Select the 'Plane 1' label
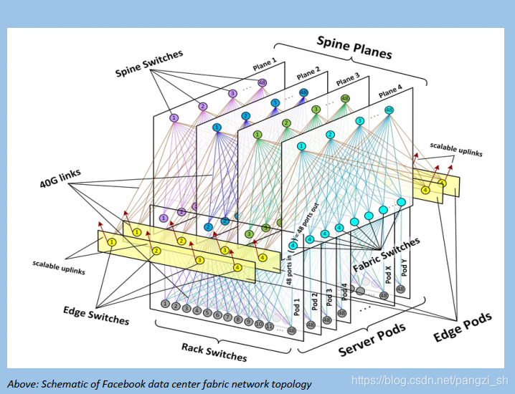(263, 64)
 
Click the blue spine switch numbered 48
(303, 92)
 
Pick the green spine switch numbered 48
(345, 99)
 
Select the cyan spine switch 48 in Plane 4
(389, 110)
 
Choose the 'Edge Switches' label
(96, 314)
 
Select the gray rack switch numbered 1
(165, 304)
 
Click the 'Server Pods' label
(372, 339)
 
